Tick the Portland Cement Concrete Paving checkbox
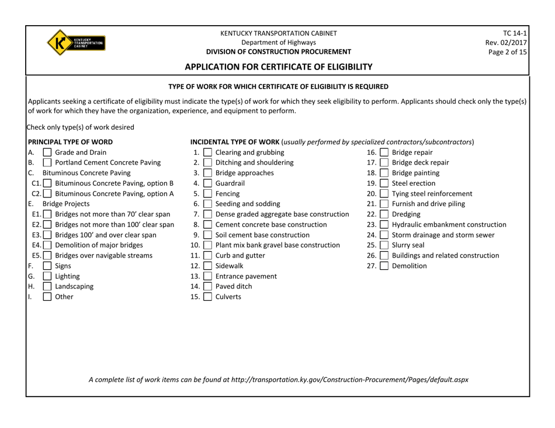click(x=45, y=166)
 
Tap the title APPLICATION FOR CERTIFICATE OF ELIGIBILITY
click(x=278, y=67)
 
